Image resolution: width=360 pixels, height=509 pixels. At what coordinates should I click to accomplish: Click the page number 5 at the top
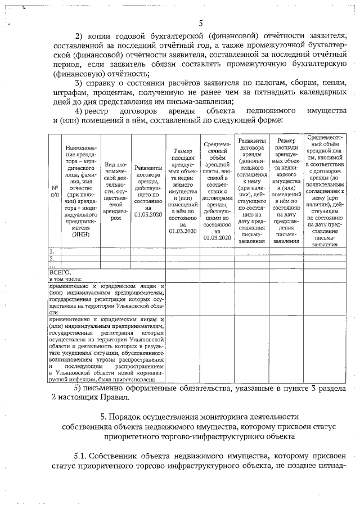click(x=200, y=23)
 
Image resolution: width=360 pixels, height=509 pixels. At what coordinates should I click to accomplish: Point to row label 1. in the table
click(x=52, y=251)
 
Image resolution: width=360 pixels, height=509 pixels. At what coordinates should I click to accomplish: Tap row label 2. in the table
click(x=52, y=258)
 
